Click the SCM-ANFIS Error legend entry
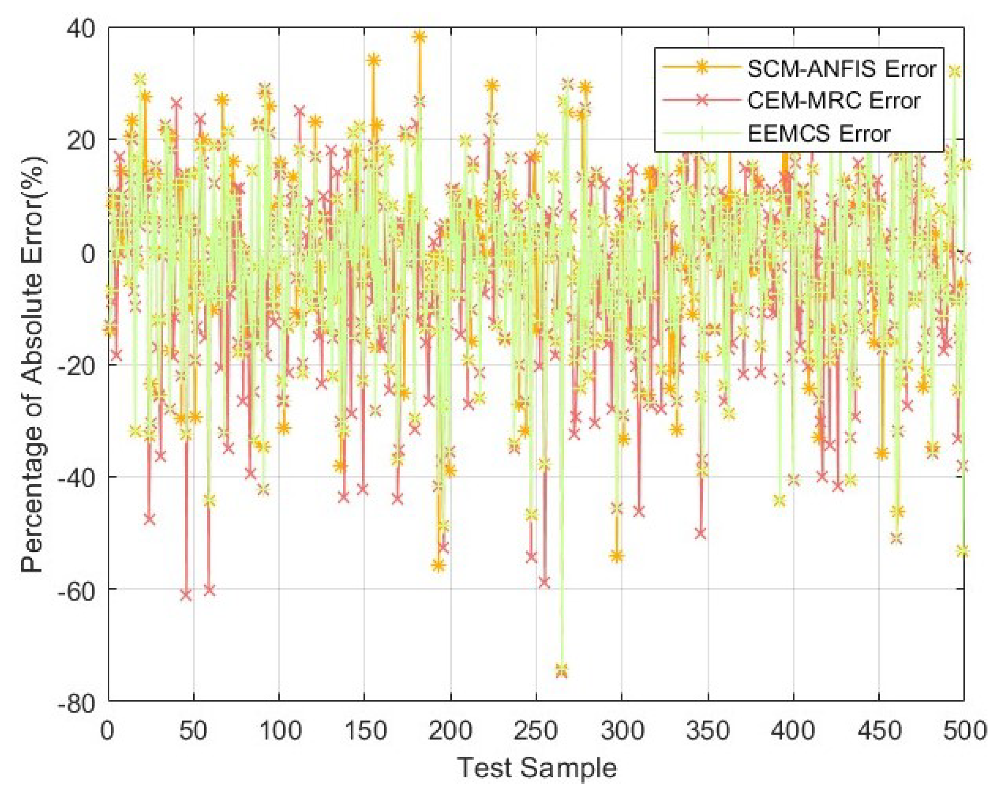(841, 69)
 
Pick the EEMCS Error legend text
(818, 134)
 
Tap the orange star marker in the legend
(702, 67)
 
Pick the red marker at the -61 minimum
(186, 595)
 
